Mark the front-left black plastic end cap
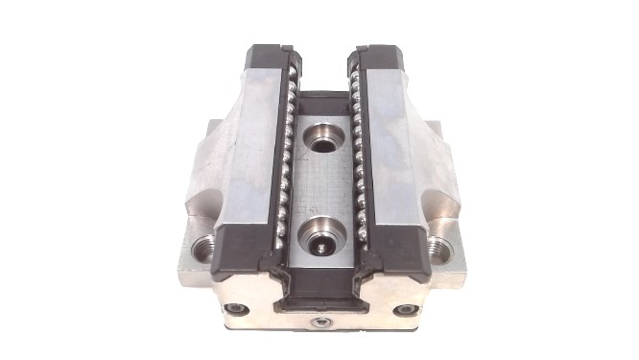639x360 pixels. tap(240, 252)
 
